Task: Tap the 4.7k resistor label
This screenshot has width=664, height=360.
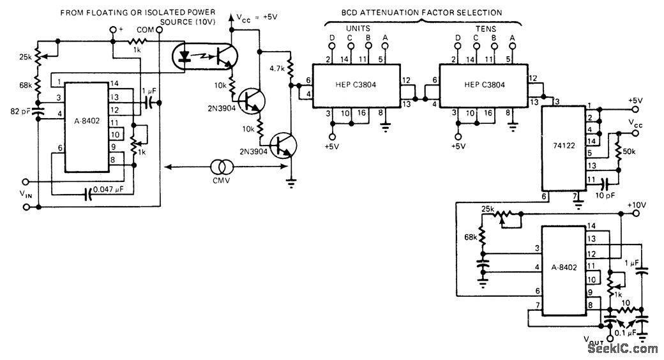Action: [x=276, y=68]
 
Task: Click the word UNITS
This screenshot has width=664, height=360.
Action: [x=358, y=28]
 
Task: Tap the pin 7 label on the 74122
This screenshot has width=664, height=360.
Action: [x=575, y=195]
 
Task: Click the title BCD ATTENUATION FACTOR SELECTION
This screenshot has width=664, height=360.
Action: [x=422, y=12]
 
